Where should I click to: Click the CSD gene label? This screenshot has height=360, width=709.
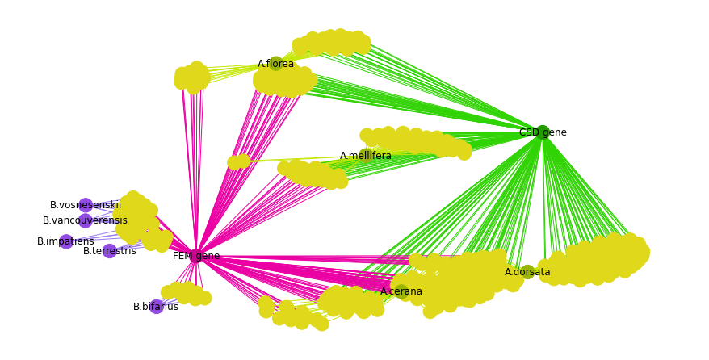coord(543,132)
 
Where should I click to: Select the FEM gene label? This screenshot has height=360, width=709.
coord(196,256)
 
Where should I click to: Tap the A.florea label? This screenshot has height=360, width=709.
coord(275,64)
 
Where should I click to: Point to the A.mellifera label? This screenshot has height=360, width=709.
coord(365,156)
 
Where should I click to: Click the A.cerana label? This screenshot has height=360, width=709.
coord(401,291)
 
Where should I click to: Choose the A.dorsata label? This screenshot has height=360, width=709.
coord(527,272)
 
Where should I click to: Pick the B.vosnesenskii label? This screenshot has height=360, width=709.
coord(86,205)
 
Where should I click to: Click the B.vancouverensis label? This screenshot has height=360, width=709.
coord(85,220)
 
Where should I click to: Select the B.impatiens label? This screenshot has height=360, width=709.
coord(65,241)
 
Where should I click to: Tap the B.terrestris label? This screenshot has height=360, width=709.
coord(110,251)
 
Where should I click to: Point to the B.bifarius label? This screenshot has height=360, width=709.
coord(156,307)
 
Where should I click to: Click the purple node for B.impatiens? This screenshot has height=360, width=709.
coord(66,241)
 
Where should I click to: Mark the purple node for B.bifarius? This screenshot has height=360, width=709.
coord(157,307)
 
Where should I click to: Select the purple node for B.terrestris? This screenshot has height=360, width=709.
coord(110,251)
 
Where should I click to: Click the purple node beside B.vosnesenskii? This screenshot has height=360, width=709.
coord(86,205)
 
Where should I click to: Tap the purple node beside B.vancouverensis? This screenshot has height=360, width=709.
coord(86,220)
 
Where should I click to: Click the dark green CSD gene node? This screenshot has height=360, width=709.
coord(543,132)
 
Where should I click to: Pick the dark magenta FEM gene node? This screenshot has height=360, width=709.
coord(196,256)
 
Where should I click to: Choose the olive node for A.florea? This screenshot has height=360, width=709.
coord(276,64)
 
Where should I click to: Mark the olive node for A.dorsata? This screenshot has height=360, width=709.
coord(527,272)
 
